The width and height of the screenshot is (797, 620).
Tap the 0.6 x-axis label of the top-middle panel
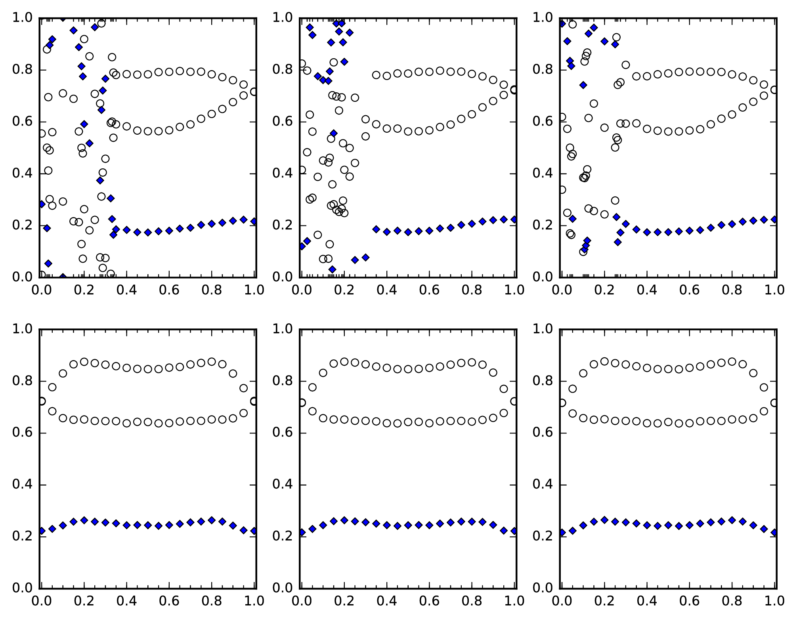(x=429, y=290)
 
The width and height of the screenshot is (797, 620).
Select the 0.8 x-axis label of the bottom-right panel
(x=732, y=601)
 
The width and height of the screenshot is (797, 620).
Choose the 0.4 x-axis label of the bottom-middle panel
(x=386, y=601)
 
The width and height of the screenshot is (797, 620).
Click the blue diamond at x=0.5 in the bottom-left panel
(x=148, y=525)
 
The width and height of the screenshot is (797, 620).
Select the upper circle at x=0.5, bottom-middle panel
(x=408, y=369)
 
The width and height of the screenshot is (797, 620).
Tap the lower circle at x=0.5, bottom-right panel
(x=668, y=422)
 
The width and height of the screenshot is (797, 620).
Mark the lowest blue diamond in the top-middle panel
(x=332, y=269)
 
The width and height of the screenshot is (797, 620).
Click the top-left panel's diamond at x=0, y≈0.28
(x=42, y=204)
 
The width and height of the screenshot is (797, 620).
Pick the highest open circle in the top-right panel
(x=572, y=24)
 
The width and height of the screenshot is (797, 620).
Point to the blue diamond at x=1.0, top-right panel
(x=774, y=219)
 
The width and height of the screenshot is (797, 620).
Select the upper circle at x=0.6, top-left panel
(x=169, y=72)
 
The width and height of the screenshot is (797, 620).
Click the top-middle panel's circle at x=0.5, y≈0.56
(x=408, y=132)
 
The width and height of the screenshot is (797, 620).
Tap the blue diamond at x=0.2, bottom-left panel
(x=84, y=520)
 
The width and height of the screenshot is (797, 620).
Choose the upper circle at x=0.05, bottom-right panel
(x=572, y=389)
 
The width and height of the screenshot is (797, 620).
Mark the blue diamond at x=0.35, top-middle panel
(x=376, y=229)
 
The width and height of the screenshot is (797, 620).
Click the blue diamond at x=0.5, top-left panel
(x=148, y=233)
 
